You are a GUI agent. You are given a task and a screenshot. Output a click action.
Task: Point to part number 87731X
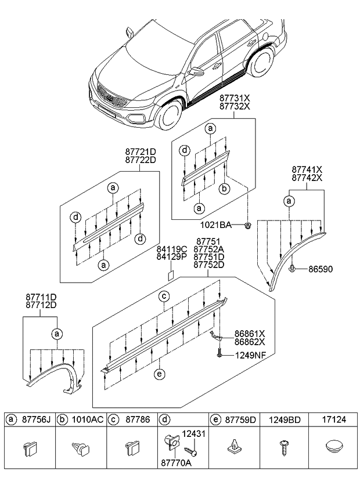pyautogui.click(x=235, y=98)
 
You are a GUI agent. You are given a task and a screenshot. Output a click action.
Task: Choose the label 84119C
pyautogui.click(x=171, y=249)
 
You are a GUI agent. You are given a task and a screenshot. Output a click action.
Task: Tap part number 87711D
pyautogui.click(x=40, y=297)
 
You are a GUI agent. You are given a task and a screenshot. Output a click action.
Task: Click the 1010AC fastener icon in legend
pyautogui.click(x=81, y=448)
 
